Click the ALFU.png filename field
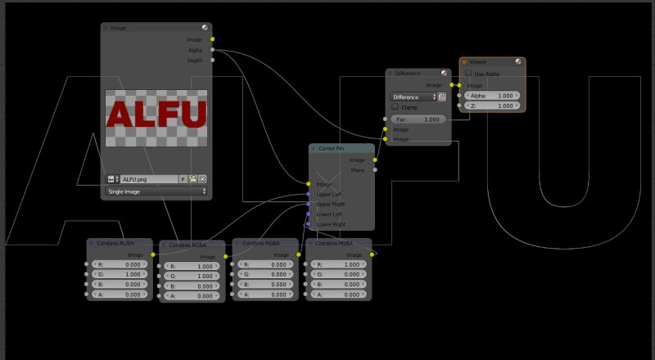148,178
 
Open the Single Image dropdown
156,191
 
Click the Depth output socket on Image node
213,60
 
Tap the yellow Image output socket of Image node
213,38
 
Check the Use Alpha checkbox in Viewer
468,74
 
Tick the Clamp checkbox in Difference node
395,107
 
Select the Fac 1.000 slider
418,119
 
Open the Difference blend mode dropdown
413,97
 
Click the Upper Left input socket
309,195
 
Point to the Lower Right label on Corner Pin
331,224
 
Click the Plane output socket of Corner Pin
376,170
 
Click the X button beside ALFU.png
202,178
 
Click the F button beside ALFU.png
183,178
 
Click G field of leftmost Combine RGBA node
120,275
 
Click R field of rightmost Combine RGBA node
339,265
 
